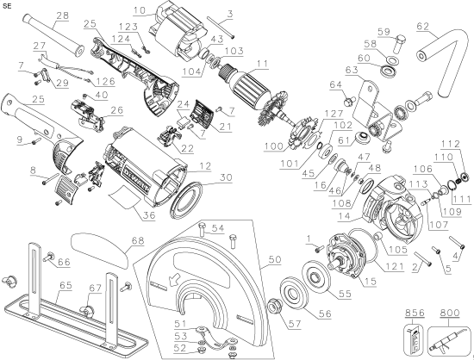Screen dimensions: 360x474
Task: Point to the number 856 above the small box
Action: pyautogui.click(x=415, y=315)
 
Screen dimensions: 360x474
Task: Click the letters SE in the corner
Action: pyautogui.click(x=8, y=6)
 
